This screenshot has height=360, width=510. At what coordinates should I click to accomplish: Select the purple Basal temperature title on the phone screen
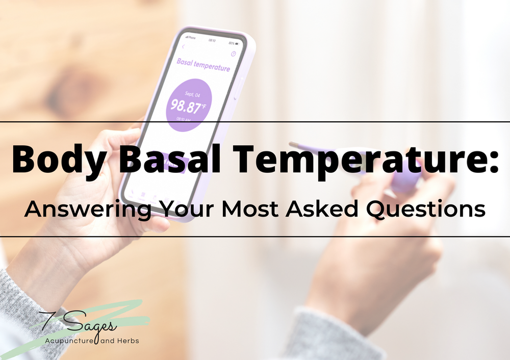203,65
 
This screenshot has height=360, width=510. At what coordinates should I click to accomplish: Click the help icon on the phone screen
233,54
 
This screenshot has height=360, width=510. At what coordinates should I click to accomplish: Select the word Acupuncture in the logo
69,340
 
